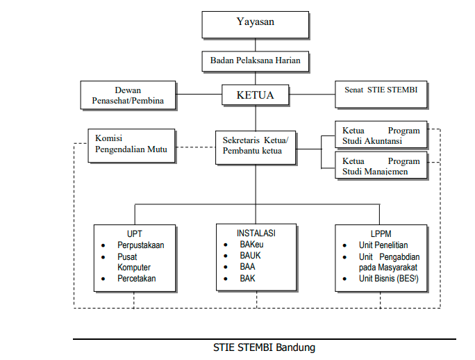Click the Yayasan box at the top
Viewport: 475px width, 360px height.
[255, 23]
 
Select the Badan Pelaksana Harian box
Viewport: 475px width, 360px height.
[255, 61]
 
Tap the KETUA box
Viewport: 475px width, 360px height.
[255, 95]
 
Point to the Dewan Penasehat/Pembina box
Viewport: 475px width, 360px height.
[128, 96]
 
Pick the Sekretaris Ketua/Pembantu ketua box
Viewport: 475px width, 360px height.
[255, 145]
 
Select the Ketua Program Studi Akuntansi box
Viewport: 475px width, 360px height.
[380, 136]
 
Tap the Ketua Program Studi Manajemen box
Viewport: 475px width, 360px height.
[380, 167]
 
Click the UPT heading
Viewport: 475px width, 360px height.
[135, 234]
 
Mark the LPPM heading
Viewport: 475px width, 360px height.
[381, 234]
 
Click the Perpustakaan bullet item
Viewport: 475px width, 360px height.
[140, 245]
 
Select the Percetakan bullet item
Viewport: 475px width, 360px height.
[136, 279]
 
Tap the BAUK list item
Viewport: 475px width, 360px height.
[251, 256]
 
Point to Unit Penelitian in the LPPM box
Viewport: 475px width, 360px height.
[383, 245]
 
